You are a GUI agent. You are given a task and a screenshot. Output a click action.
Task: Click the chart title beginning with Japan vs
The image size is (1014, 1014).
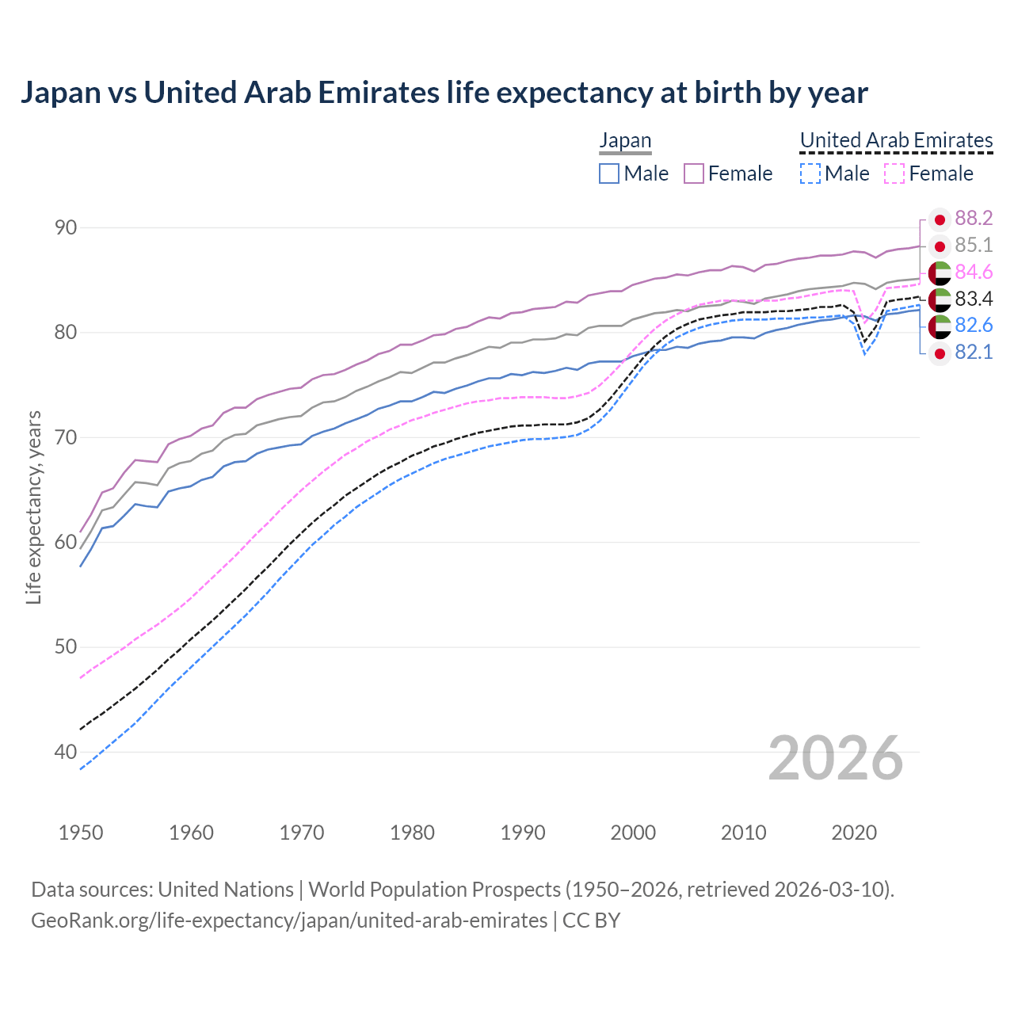pyautogui.click(x=444, y=93)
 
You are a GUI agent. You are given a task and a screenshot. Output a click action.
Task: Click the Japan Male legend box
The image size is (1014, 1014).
pyautogui.click(x=608, y=173)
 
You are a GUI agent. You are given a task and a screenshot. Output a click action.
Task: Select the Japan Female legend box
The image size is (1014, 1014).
pyautogui.click(x=694, y=173)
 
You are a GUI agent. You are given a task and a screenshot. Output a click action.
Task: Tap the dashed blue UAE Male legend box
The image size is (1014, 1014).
pyautogui.click(x=810, y=173)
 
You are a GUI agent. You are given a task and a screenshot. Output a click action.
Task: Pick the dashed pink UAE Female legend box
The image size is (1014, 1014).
pyautogui.click(x=894, y=173)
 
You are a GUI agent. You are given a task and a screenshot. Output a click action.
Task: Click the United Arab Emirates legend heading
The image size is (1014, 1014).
pyautogui.click(x=896, y=140)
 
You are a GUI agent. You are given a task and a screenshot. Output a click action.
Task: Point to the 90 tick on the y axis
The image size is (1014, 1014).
pyautogui.click(x=66, y=228)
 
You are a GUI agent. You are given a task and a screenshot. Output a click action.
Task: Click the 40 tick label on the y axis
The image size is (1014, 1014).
pyautogui.click(x=66, y=752)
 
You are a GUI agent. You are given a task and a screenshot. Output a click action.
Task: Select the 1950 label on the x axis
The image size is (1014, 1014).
pyautogui.click(x=81, y=833)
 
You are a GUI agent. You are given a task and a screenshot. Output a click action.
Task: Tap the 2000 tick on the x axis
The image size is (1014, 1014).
pyautogui.click(x=633, y=833)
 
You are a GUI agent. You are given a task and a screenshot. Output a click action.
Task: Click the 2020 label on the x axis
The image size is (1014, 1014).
pyautogui.click(x=854, y=833)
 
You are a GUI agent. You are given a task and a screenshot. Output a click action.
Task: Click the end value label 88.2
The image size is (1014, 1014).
pyautogui.click(x=974, y=219)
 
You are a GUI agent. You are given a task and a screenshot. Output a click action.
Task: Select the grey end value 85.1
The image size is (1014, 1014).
pyautogui.click(x=974, y=246)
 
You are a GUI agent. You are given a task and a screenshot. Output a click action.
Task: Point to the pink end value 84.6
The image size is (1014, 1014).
pyautogui.click(x=974, y=273)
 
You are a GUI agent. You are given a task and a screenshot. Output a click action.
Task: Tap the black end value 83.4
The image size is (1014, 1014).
pyautogui.click(x=974, y=299)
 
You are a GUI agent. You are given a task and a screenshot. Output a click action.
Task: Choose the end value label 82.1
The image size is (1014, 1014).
pyautogui.click(x=974, y=353)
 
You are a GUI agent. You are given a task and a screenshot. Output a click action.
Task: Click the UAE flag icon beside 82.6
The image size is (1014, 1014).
pyautogui.click(x=940, y=326)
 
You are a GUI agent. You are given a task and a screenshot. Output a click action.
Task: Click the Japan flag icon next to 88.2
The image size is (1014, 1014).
pyautogui.click(x=940, y=219)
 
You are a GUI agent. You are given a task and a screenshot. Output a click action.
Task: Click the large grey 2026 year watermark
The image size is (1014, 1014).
pyautogui.click(x=835, y=758)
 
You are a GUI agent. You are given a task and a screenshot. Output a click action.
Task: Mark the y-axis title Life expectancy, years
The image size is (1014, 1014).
pyautogui.click(x=34, y=507)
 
